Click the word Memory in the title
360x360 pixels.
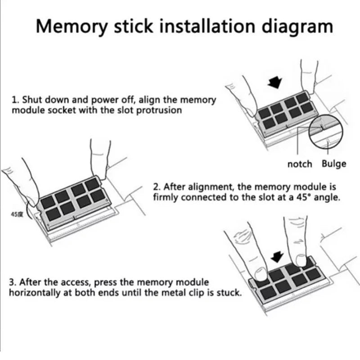tap(72, 27)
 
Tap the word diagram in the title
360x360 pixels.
tap(297, 27)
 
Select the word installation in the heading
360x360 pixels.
tap(207, 26)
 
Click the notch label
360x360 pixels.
tap(300, 164)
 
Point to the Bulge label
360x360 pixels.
tap(334, 164)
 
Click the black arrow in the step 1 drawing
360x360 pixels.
tap(275, 82)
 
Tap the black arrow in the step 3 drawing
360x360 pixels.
tap(277, 256)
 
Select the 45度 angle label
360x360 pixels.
tap(17, 215)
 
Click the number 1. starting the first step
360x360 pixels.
tap(15, 100)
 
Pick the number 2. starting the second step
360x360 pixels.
tap(157, 187)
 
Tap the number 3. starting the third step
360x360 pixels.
tap(13, 282)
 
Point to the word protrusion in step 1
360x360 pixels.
tap(159, 110)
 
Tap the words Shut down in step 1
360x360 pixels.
tap(46, 100)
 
